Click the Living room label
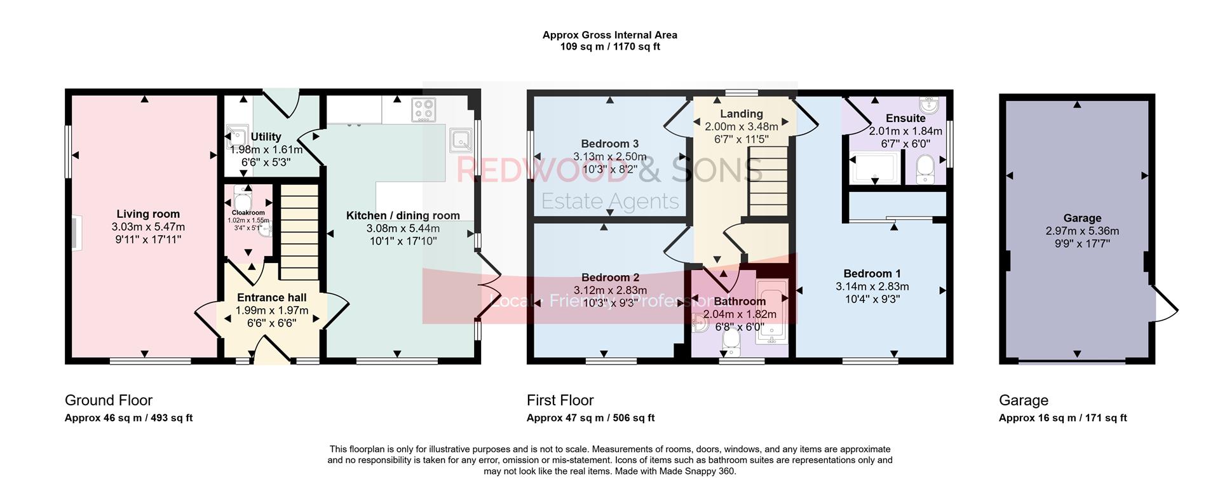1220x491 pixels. click(148, 214)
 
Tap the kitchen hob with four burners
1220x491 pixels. click(424, 109)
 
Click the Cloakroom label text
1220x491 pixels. click(248, 213)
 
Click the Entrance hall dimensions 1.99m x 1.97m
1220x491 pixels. click(271, 311)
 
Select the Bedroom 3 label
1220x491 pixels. click(609, 144)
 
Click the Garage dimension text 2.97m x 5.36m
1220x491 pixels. click(1082, 231)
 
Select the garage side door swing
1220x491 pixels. click(1164, 308)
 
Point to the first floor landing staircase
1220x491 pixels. click(768, 181)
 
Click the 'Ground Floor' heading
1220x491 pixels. click(108, 400)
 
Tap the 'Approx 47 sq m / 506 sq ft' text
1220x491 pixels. click(590, 418)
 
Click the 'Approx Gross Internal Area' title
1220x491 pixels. click(609, 35)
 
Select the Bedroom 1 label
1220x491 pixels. click(872, 274)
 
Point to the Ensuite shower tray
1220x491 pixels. click(874, 168)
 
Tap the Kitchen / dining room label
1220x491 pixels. click(403, 216)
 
